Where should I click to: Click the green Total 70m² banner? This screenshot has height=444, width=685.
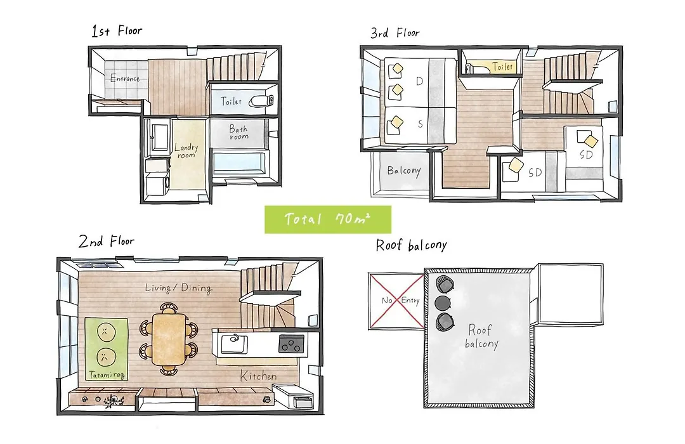pyautogui.click(x=328, y=219)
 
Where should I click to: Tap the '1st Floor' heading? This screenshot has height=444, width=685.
pyautogui.click(x=117, y=31)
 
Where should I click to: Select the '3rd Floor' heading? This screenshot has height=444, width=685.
pyautogui.click(x=395, y=33)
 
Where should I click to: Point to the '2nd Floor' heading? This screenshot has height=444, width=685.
pyautogui.click(x=106, y=241)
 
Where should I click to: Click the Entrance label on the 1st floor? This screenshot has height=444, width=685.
pyautogui.click(x=125, y=79)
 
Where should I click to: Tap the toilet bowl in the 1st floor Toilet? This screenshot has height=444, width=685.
pyautogui.click(x=261, y=101)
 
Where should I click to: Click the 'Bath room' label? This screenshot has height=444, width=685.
pyautogui.click(x=238, y=132)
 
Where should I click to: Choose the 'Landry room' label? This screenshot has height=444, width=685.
pyautogui.click(x=186, y=151)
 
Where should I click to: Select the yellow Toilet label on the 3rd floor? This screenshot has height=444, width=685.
pyautogui.click(x=502, y=67)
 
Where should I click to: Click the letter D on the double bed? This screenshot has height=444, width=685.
pyautogui.click(x=419, y=81)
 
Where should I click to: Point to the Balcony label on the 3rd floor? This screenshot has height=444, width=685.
pyautogui.click(x=403, y=171)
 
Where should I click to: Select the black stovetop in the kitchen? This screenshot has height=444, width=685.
pyautogui.click(x=291, y=344)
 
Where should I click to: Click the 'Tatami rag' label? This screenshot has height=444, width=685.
pyautogui.click(x=107, y=375)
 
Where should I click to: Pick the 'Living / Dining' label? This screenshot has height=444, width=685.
pyautogui.click(x=178, y=288)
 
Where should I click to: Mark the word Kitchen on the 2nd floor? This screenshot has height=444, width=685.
pyautogui.click(x=258, y=376)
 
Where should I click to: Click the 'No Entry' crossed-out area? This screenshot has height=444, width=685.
pyautogui.click(x=396, y=301)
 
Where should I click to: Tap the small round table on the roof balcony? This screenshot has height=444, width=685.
pyautogui.click(x=443, y=303)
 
